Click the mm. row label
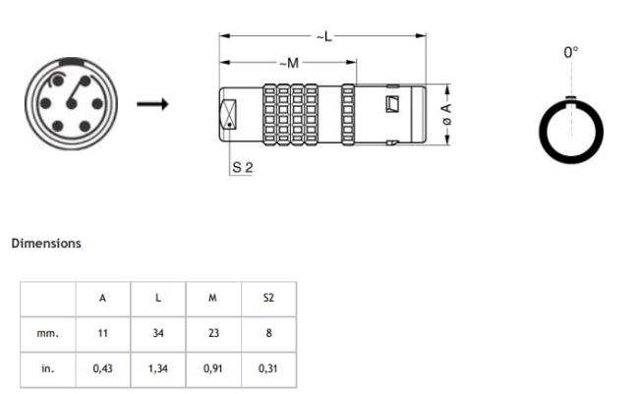pyautogui.click(x=48, y=333)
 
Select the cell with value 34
pyautogui.click(x=158, y=333)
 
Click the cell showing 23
pyautogui.click(x=214, y=333)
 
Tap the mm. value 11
pyautogui.click(x=103, y=333)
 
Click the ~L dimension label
pyautogui.click(x=323, y=36)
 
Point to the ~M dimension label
pyautogui.click(x=288, y=63)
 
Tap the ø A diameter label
pyautogui.click(x=445, y=114)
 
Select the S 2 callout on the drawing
pyautogui.click(x=243, y=168)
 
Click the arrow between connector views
pyautogui.click(x=151, y=103)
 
